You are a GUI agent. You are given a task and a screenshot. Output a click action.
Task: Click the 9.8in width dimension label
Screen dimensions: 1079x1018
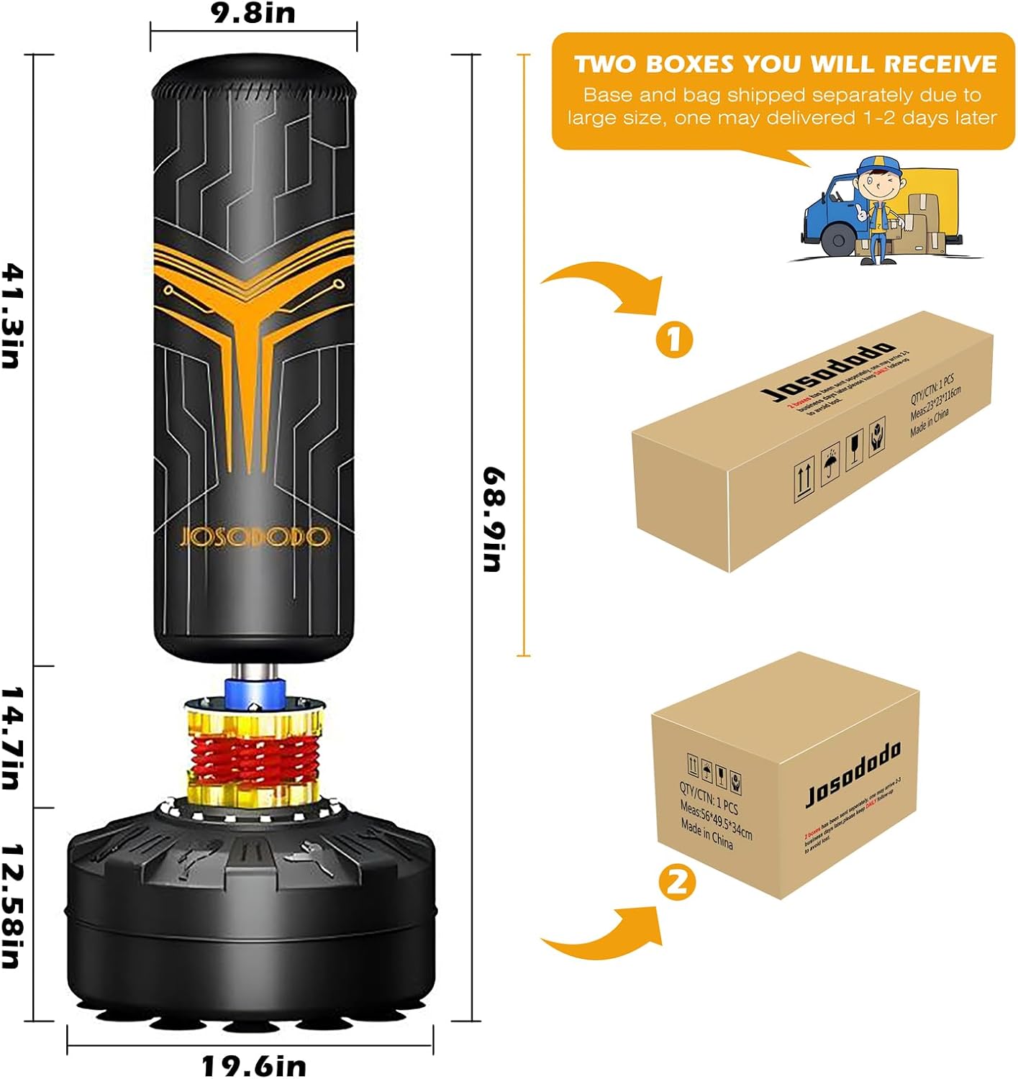253,13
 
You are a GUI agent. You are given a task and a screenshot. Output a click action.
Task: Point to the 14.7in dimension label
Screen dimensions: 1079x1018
14,737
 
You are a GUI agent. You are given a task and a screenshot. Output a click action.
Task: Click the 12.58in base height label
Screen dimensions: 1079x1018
14,906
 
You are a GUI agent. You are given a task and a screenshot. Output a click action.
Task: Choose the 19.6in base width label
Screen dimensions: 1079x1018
253,1065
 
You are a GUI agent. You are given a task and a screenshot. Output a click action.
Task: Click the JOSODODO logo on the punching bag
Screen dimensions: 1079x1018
254,537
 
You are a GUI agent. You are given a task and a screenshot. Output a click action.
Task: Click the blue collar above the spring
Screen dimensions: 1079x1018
254,692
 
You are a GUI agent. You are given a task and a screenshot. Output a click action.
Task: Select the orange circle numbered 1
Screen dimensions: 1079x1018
674,339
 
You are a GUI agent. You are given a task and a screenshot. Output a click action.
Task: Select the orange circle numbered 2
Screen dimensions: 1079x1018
677,882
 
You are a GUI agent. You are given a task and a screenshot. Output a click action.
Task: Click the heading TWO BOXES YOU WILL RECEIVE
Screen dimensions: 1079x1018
785,64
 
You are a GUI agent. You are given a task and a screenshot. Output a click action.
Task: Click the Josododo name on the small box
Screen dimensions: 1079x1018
853,775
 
